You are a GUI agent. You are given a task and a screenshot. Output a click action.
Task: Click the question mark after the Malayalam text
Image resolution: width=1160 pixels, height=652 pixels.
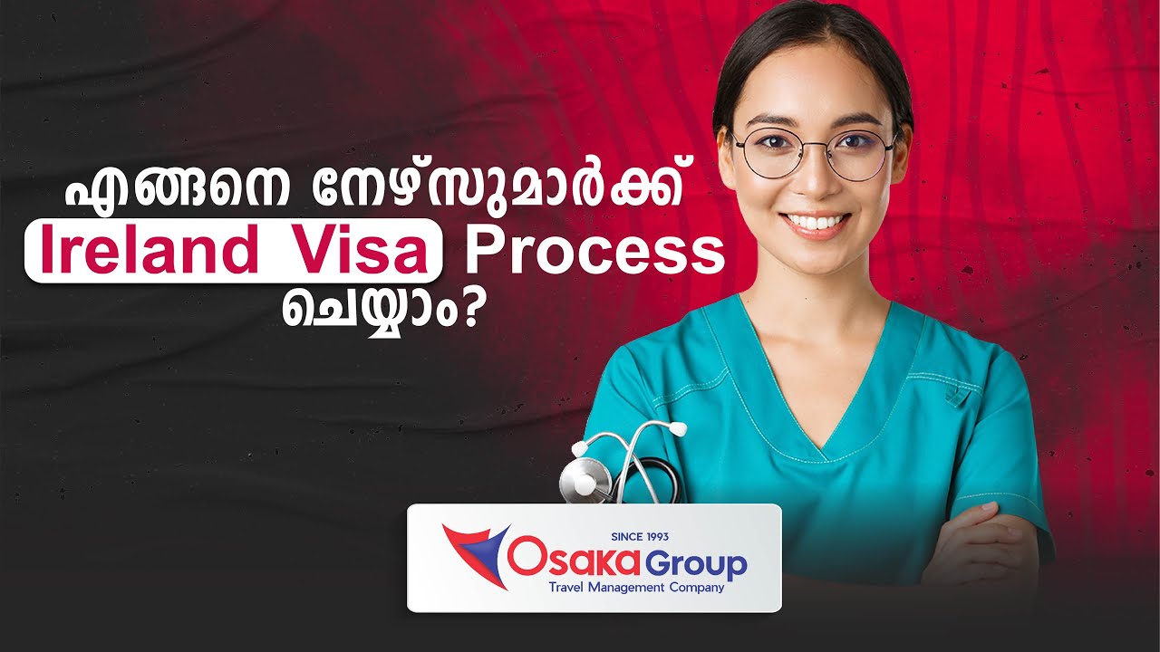point(467,311)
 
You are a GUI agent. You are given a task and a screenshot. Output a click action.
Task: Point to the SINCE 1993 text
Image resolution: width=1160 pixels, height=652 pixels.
point(640,537)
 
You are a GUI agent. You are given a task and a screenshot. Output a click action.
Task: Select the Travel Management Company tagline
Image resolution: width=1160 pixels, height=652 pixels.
point(636,588)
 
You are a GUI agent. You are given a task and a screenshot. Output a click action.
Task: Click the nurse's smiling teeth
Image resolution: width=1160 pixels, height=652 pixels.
point(817,223)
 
